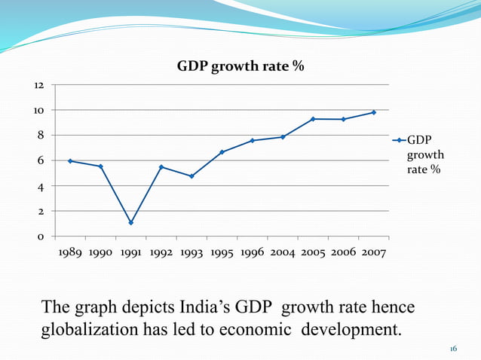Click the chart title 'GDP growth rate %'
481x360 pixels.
[x=240, y=66]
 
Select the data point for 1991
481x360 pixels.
[x=130, y=222]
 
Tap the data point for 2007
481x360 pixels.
[x=373, y=112]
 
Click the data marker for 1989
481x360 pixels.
[x=70, y=161]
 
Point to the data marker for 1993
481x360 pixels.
[x=191, y=176]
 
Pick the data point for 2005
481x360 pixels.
[x=313, y=119]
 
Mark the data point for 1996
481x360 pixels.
[x=252, y=141]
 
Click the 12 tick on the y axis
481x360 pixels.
[x=38, y=85]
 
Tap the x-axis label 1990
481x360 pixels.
[x=101, y=253]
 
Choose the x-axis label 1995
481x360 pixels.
[x=222, y=253]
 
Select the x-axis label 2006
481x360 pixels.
[x=344, y=253]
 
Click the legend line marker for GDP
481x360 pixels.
[x=399, y=140]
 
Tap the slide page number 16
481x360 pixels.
[x=453, y=349]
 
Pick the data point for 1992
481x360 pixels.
[x=161, y=166]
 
